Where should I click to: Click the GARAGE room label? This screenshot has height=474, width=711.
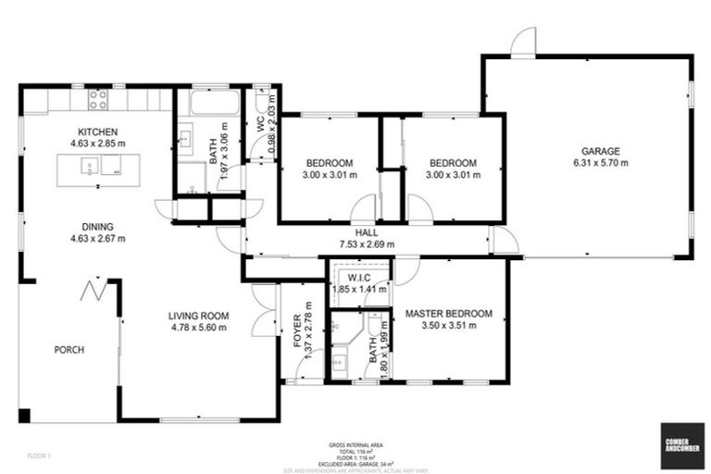click(x=601, y=151)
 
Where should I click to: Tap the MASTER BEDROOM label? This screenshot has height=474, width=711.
click(x=449, y=313)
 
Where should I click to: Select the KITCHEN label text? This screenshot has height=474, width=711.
click(x=97, y=131)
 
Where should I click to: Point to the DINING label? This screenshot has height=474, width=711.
click(x=97, y=226)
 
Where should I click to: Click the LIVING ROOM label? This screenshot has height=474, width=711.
click(x=198, y=316)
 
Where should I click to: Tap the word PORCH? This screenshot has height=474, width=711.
click(x=69, y=350)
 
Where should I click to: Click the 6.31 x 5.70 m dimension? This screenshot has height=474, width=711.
click(x=601, y=163)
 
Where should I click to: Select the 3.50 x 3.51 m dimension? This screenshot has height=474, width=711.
click(x=449, y=325)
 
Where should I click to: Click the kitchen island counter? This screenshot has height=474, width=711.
click(x=92, y=169)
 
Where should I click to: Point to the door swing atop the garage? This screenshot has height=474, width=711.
click(x=524, y=43)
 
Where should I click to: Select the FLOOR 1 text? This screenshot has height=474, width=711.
click(x=39, y=456)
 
